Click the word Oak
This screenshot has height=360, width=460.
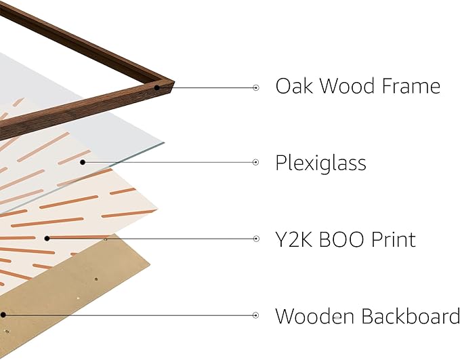click(x=294, y=85)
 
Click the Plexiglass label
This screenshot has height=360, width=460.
click(x=320, y=163)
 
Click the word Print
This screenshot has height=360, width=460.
click(x=394, y=239)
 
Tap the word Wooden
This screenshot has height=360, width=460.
click(x=314, y=316)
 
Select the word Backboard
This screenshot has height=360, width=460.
click(x=410, y=316)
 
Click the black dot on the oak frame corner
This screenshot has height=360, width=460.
click(x=157, y=87)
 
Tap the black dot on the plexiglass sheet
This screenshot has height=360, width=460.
click(x=83, y=162)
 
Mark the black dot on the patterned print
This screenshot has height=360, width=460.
click(x=47, y=239)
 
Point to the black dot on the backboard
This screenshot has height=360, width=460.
click(x=3, y=315)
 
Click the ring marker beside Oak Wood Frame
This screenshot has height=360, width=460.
click(x=256, y=87)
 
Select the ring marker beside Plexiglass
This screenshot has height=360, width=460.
click(x=256, y=162)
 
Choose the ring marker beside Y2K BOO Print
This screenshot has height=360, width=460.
click(x=256, y=239)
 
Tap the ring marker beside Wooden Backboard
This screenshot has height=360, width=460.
click(x=256, y=315)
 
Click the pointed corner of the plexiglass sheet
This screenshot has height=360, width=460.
click(x=164, y=143)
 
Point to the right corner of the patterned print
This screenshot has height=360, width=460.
click(x=158, y=209)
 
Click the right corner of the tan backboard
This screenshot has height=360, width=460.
click(x=150, y=265)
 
